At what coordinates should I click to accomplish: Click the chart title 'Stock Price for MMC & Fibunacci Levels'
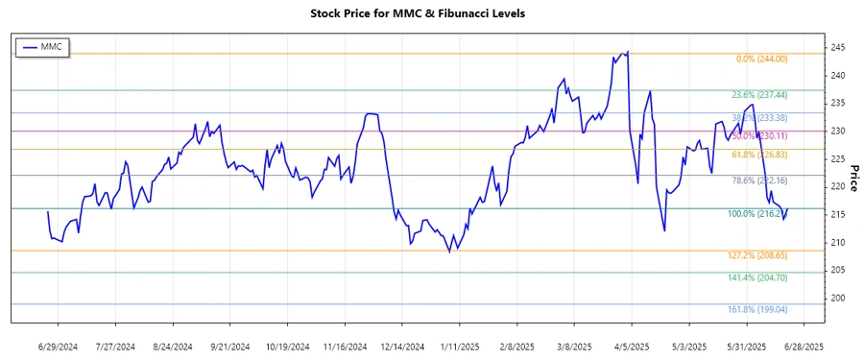tap(431, 13)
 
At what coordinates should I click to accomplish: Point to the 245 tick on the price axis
tap(838, 48)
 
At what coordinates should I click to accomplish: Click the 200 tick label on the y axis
tap(838, 299)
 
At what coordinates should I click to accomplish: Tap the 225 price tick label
tap(838, 159)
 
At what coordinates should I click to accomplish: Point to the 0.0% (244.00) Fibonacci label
tap(761, 60)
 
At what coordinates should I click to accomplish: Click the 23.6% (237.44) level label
tap(758, 96)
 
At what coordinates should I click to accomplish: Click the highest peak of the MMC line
tap(628, 52)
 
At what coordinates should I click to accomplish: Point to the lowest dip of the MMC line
tap(449, 252)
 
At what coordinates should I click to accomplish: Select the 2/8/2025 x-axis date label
tap(518, 346)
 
